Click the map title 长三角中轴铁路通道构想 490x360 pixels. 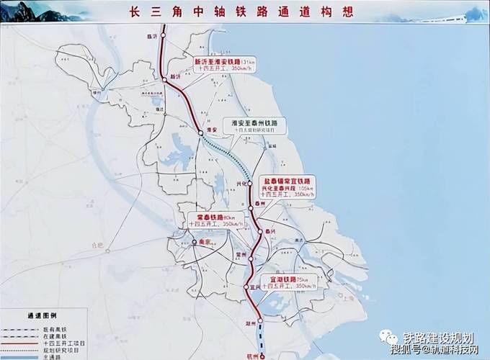pyautogui.click(x=246, y=13)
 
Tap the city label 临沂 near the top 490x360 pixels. pyautogui.click(x=151, y=35)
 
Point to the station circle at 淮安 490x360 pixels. pyautogui.click(x=200, y=132)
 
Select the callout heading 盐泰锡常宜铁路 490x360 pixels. pyautogui.click(x=289, y=179)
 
